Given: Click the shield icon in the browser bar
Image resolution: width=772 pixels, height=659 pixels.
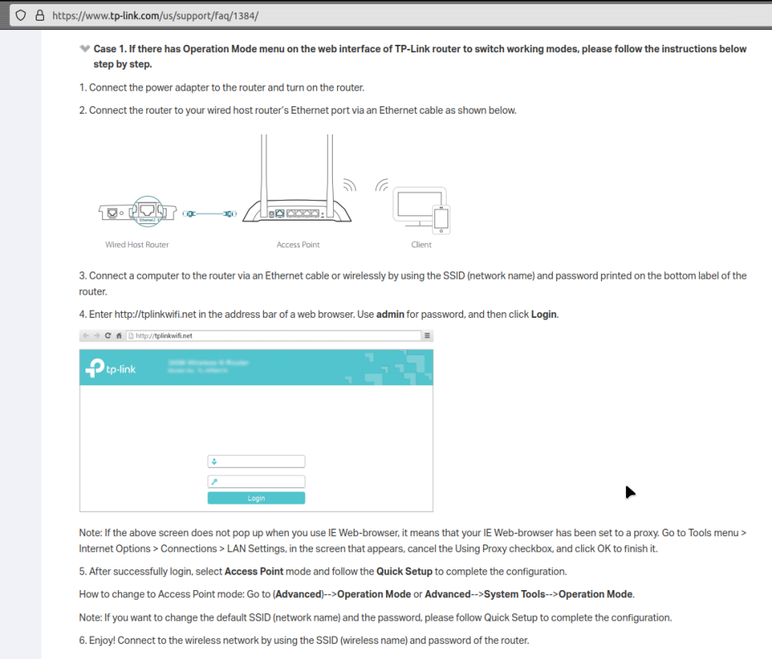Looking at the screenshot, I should (21, 15).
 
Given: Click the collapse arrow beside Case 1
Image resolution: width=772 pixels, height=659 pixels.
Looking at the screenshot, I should (85, 49).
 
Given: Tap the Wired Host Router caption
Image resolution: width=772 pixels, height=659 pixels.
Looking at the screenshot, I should (137, 245).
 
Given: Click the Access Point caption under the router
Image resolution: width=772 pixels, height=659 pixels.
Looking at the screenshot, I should (298, 245).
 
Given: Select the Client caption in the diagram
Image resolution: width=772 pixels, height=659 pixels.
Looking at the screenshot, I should (421, 245).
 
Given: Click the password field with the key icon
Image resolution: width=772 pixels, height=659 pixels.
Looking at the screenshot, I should (256, 481).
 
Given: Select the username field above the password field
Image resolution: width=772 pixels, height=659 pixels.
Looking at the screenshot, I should (256, 461).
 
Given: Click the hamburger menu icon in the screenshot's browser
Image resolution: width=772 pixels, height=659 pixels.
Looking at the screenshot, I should (428, 335).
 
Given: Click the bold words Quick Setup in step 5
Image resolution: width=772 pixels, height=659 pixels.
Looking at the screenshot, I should (405, 572).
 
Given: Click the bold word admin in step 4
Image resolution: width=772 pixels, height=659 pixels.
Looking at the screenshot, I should (389, 315).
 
